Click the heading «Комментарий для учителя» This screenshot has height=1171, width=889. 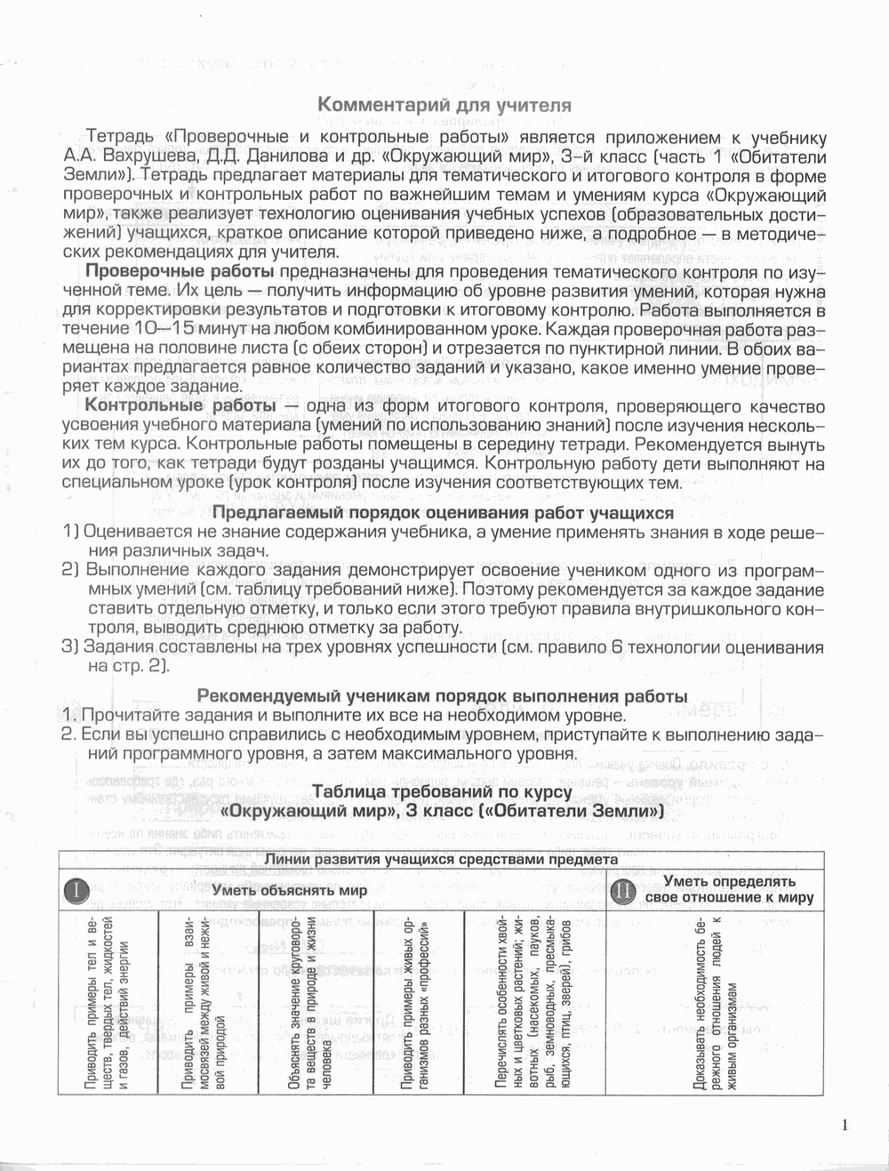pyautogui.click(x=444, y=105)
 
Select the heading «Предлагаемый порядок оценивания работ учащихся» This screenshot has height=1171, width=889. pyautogui.click(x=442, y=513)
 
